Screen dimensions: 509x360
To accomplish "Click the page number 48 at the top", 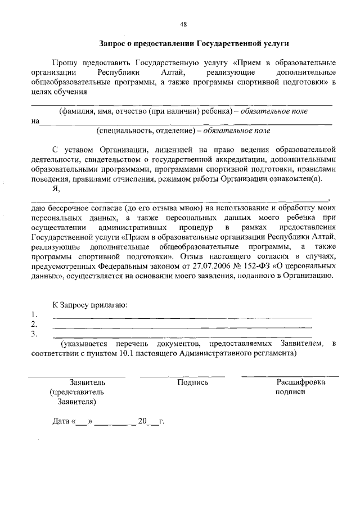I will [x=183, y=24].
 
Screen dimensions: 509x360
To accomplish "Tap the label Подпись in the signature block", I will [x=193, y=382].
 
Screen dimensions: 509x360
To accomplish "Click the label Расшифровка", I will [x=300, y=382].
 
